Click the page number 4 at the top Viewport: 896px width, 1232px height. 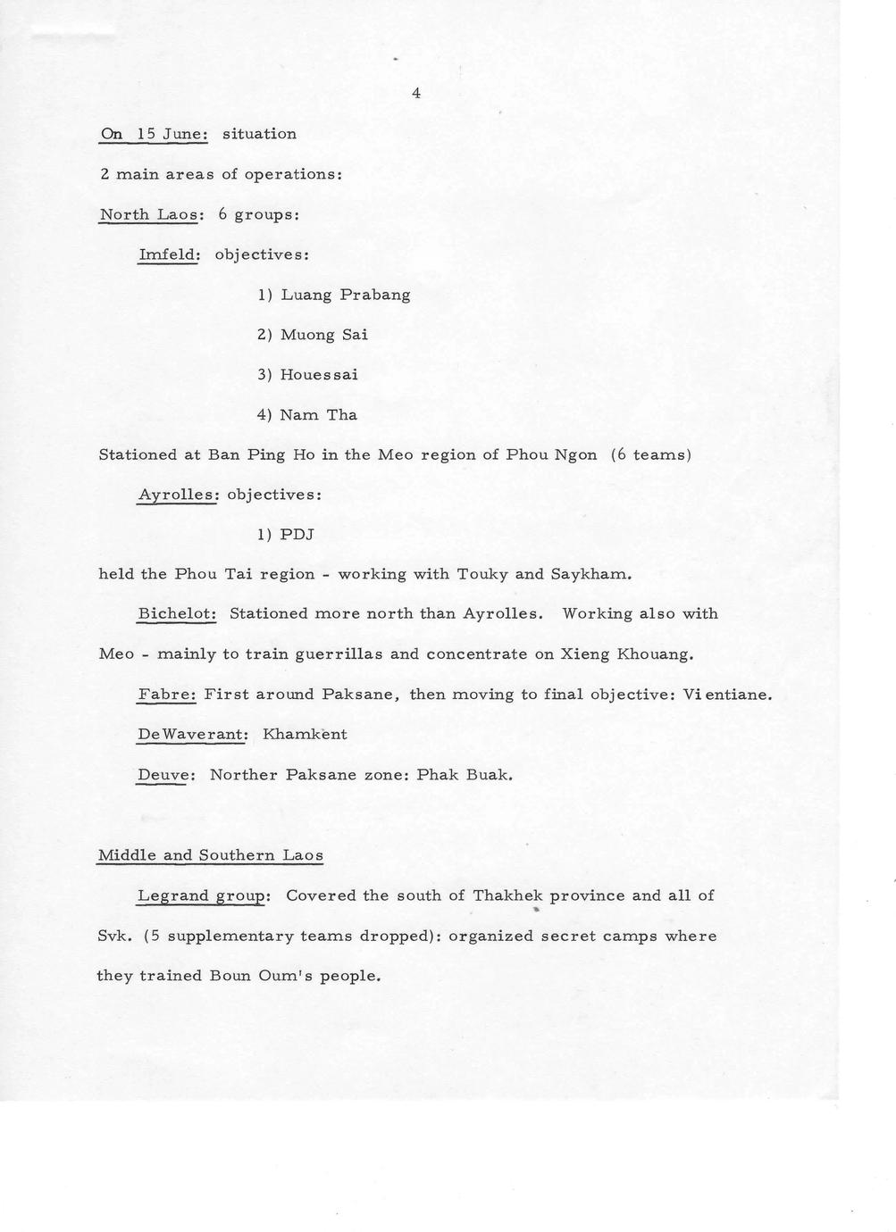pyautogui.click(x=416, y=93)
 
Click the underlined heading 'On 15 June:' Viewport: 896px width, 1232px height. pyautogui.click(x=154, y=134)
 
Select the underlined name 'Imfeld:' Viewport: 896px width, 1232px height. pyautogui.click(x=168, y=254)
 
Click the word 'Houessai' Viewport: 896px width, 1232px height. pyautogui.click(x=319, y=375)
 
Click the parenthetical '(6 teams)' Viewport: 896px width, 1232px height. pyautogui.click(x=651, y=454)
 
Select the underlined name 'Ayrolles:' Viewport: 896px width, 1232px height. pyautogui.click(x=178, y=494)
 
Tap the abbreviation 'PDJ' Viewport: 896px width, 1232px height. pyautogui.click(x=297, y=535)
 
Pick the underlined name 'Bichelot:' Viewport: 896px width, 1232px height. pyautogui.click(x=177, y=614)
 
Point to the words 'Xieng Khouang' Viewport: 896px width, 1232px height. pyautogui.click(x=624, y=654)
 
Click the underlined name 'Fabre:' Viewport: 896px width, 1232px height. pyautogui.click(x=166, y=695)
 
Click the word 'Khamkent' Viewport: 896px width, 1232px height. pyautogui.click(x=305, y=735)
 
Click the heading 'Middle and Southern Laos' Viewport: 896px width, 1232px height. pyautogui.click(x=210, y=855)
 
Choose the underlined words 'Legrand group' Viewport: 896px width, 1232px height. pyautogui.click(x=202, y=895)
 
